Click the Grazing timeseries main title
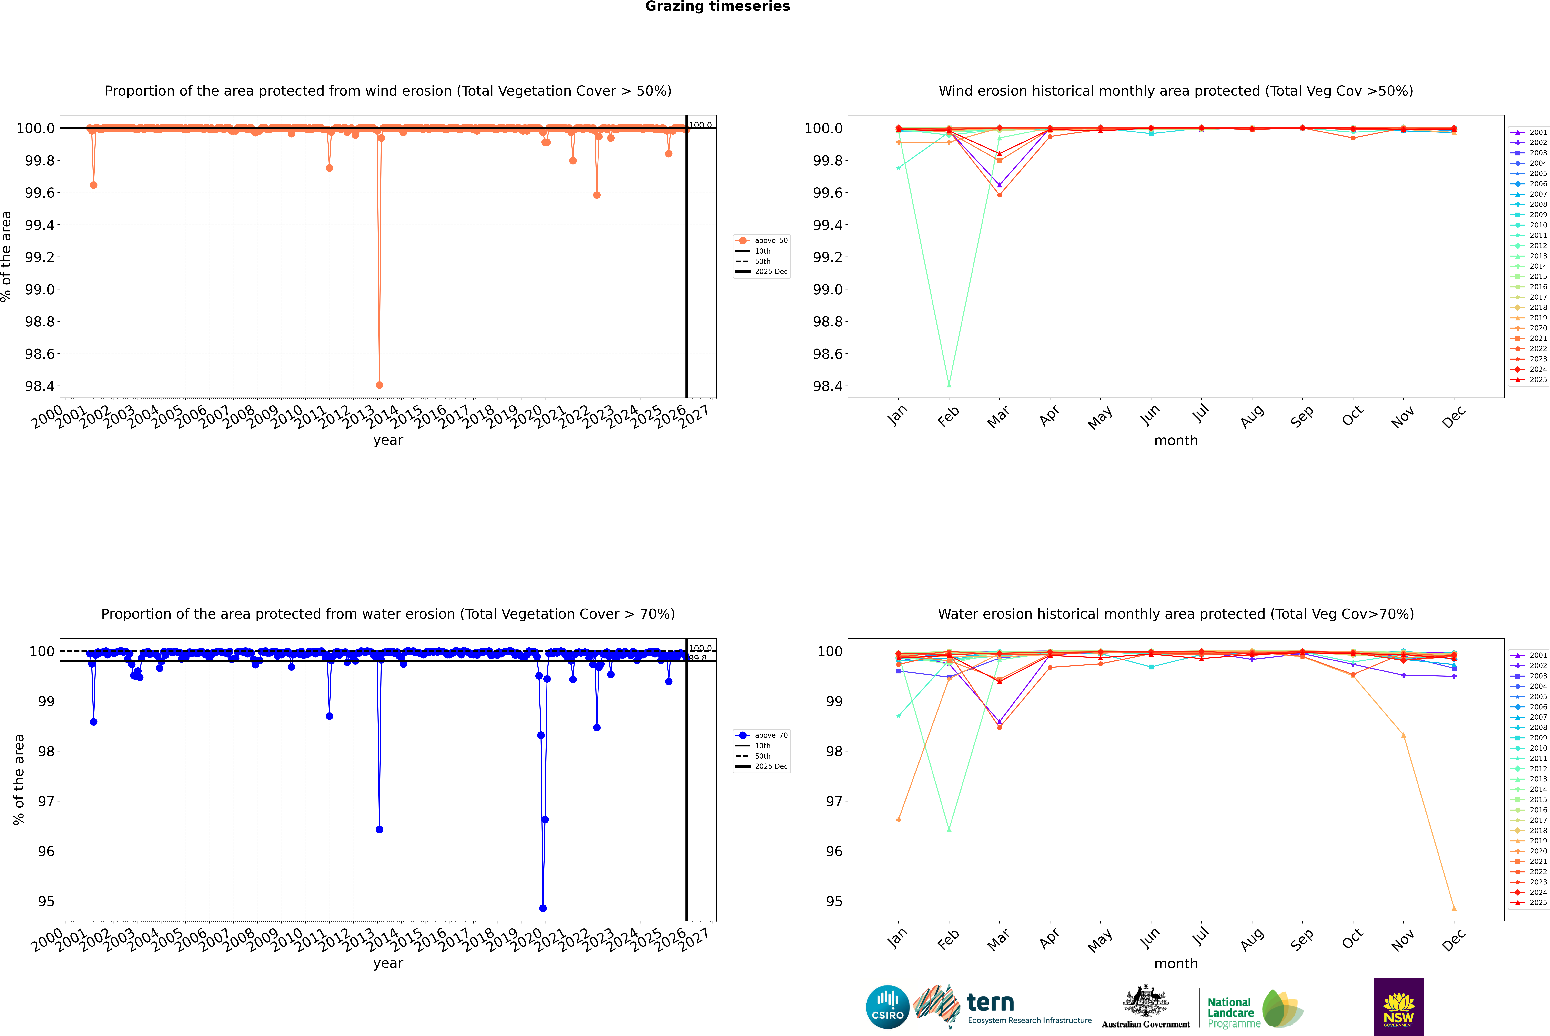[x=718, y=7]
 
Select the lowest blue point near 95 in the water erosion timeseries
[x=543, y=908]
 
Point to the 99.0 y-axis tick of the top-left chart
[x=40, y=289]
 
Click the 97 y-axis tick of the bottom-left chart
[x=46, y=802]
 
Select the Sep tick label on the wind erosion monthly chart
[x=1302, y=416]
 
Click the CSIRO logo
[x=887, y=1007]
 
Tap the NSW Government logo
[x=1399, y=1007]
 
